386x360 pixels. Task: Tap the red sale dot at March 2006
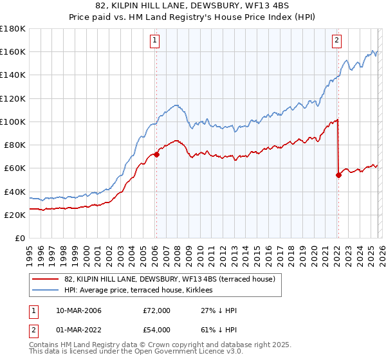(156, 154)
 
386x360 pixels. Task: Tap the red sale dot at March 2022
(338, 175)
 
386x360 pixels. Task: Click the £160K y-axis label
(13, 51)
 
